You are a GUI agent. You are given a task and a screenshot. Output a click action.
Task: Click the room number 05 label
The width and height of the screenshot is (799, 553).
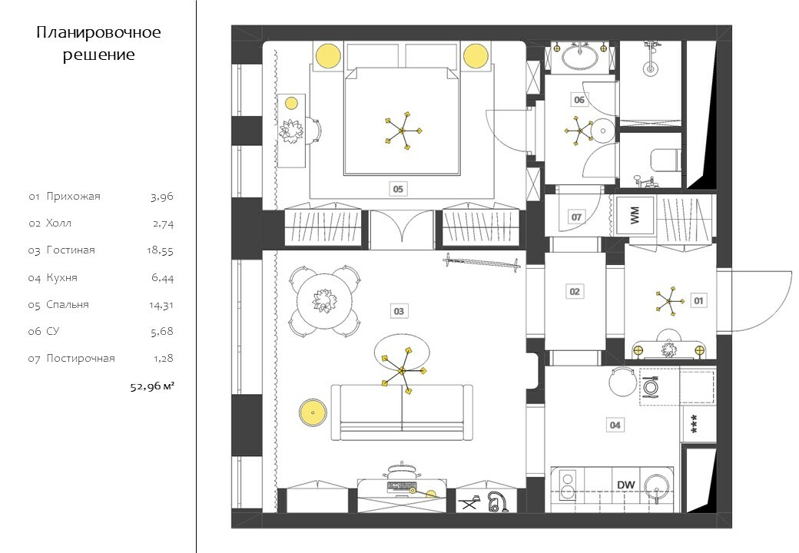pos(398,189)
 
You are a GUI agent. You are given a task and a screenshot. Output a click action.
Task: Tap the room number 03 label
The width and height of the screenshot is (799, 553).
pos(399,311)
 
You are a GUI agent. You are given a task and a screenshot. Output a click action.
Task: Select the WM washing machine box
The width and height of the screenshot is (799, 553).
pos(635,215)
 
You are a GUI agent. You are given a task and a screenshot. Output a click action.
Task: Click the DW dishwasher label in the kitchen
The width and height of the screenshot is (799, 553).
pos(625,485)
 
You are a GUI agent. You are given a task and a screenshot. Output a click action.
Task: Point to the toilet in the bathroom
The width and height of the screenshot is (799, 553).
pos(665,160)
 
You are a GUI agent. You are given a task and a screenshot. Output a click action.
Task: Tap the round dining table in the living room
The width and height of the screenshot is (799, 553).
pos(323,301)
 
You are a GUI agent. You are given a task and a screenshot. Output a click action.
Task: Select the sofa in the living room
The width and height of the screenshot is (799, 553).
pos(402,412)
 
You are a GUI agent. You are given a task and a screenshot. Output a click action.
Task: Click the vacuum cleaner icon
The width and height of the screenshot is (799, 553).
pos(496,502)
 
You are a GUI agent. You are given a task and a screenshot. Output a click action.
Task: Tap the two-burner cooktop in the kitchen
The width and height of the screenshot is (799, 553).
pos(567,485)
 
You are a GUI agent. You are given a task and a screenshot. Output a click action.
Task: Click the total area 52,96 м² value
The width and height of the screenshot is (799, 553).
pos(152,386)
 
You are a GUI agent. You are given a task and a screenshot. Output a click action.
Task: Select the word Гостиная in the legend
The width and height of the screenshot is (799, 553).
pos(71,250)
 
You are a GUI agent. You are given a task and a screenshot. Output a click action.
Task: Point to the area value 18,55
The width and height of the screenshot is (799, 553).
pos(160,250)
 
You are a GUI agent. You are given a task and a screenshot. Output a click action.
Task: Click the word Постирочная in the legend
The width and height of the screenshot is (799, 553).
pos(81,359)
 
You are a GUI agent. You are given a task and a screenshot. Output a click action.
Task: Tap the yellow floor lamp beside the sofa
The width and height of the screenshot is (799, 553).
pos(313,412)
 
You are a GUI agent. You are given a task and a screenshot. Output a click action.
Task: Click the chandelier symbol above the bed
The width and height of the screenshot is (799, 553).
pos(402,131)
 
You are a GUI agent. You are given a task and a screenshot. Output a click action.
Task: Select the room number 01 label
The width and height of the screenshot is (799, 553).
pos(698,300)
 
